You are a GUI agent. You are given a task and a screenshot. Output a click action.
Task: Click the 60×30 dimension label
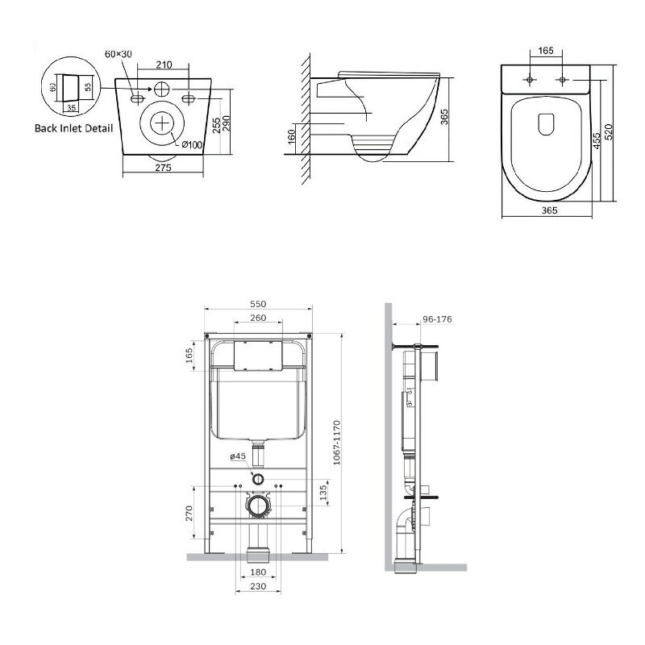(118, 54)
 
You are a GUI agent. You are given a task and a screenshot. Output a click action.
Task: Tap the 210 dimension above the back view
(164, 64)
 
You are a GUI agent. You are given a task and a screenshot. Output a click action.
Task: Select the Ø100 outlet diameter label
(192, 145)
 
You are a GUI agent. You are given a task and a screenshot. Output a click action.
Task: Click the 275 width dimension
(164, 168)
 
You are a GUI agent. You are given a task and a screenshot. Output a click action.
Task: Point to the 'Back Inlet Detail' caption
(73, 128)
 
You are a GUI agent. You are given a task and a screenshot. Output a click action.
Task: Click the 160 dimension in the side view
(291, 136)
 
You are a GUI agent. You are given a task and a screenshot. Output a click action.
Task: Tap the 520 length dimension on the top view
(609, 131)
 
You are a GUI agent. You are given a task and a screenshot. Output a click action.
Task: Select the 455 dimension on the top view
(597, 140)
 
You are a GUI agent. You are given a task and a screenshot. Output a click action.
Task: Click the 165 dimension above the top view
(546, 51)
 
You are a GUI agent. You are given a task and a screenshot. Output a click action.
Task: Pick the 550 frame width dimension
(258, 304)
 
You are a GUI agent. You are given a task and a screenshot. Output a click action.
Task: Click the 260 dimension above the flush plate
(258, 318)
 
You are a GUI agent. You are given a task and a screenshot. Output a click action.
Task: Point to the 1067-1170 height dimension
(337, 443)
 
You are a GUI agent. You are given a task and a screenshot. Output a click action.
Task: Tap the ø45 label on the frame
(238, 456)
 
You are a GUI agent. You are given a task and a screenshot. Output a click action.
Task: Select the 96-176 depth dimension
(437, 319)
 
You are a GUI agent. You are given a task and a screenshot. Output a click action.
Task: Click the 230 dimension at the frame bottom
(258, 586)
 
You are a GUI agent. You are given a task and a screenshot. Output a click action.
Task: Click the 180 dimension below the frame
(258, 572)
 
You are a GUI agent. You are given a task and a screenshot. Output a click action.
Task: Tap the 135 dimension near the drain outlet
(323, 493)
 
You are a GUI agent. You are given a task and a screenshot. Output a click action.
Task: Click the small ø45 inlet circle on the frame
(258, 479)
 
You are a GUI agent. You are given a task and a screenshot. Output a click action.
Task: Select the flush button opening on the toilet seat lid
(546, 124)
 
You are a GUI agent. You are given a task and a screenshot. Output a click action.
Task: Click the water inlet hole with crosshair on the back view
(162, 89)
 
